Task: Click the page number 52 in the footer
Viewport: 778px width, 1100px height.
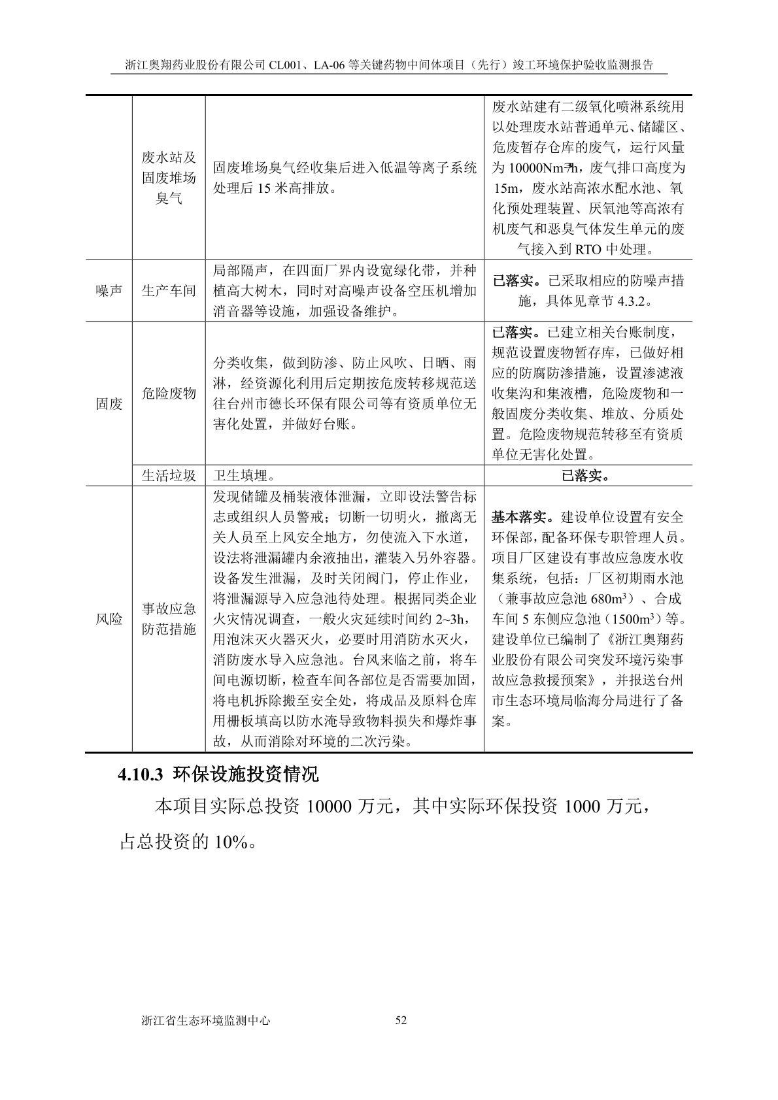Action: (x=401, y=1020)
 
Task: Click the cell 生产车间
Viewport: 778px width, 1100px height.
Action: (x=169, y=291)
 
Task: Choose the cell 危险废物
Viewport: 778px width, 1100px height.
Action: (x=169, y=393)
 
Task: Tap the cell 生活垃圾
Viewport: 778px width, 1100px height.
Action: (x=169, y=476)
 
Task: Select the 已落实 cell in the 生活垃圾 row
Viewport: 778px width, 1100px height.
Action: (x=586, y=476)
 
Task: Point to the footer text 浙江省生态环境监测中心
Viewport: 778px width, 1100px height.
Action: (x=206, y=1020)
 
